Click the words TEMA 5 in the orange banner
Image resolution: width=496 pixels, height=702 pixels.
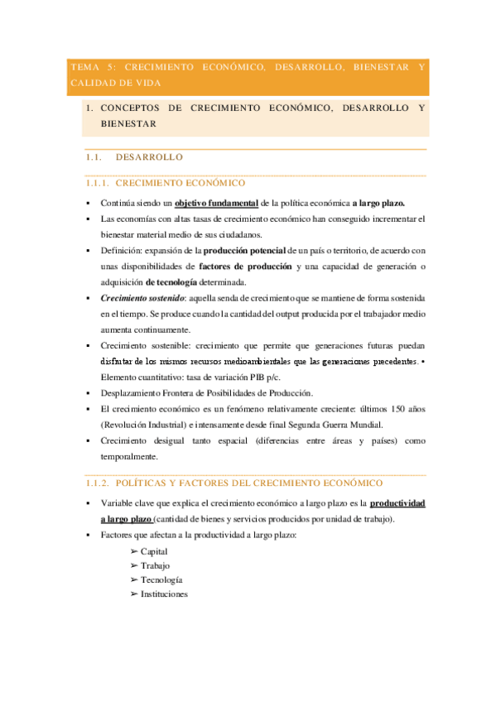[90, 66]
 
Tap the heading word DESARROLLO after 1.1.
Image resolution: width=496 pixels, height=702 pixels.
[150, 156]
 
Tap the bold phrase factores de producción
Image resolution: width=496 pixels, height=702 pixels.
[246, 266]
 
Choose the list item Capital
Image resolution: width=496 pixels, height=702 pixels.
[155, 551]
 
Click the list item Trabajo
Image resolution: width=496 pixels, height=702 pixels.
[155, 565]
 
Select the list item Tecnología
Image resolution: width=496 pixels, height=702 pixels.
[161, 579]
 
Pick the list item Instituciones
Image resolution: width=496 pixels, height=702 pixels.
[164, 594]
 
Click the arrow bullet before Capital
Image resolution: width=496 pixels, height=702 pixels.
[133, 551]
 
